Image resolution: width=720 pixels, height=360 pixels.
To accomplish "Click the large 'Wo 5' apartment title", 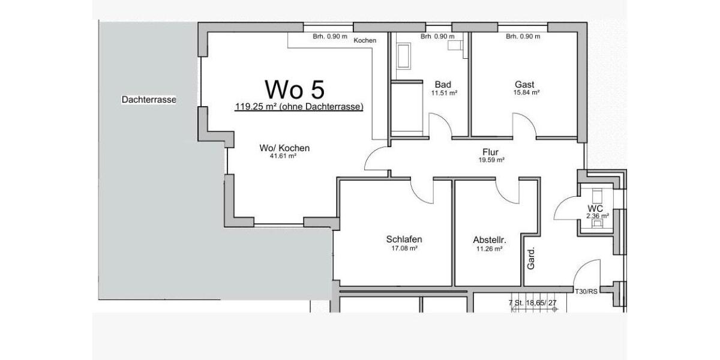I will coord(295,89).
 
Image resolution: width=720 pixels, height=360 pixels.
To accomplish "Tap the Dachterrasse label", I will coord(149,100).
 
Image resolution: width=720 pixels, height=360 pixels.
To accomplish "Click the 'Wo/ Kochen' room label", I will coord(284,148).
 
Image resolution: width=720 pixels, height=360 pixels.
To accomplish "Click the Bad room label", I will coord(443,85).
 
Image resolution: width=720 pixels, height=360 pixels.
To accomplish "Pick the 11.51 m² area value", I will coord(444,93).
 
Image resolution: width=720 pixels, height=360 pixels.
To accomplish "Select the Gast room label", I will coord(524,85).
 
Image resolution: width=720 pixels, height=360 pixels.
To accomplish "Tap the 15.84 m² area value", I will coord(526,93).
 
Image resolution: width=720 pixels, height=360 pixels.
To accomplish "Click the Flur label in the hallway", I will coord(490,152).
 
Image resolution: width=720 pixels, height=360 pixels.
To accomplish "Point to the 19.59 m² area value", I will coord(491,160).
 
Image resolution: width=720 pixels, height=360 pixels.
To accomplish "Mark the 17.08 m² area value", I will coord(404,248).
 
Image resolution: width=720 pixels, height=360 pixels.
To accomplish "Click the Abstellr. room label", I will coord(490,240).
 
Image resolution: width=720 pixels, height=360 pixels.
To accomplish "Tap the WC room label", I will coord(595,208).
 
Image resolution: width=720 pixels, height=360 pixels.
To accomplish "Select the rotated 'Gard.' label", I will coord(531,257).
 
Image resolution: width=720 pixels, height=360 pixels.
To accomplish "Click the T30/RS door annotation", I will coord(586,292).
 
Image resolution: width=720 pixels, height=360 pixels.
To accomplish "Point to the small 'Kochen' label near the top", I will coord(365,40).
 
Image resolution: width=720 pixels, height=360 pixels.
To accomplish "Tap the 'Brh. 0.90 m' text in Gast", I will coord(523,37).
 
